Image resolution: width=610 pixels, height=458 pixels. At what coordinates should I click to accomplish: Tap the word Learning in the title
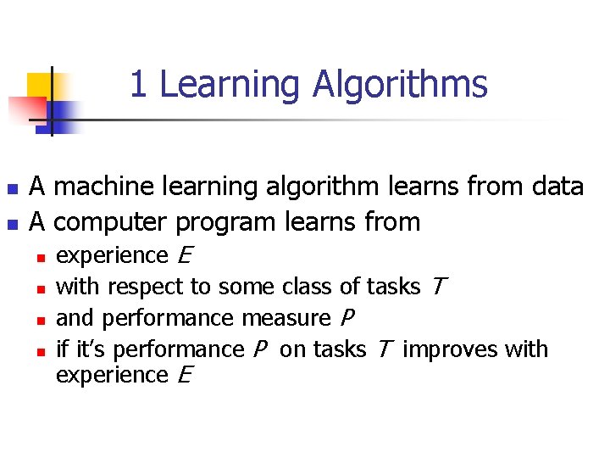click(x=230, y=85)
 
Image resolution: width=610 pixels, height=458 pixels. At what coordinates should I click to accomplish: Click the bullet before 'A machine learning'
click(x=11, y=187)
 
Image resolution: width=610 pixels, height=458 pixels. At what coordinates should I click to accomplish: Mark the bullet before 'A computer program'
click(x=11, y=224)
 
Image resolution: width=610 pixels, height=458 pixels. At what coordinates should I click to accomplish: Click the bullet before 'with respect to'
click(x=39, y=288)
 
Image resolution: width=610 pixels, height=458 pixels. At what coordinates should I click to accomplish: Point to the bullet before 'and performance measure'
click(x=39, y=320)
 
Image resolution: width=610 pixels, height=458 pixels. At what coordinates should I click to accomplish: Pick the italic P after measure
click(x=347, y=318)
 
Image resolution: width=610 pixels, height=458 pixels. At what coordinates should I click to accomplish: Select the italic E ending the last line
click(x=186, y=375)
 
